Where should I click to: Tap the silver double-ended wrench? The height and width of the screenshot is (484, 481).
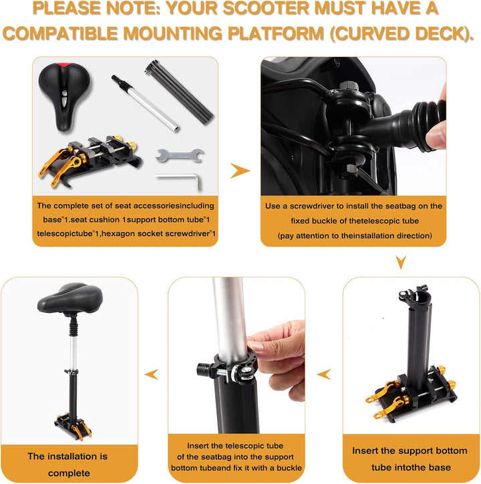(x=179, y=155)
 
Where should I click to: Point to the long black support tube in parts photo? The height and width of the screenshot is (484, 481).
(x=179, y=92)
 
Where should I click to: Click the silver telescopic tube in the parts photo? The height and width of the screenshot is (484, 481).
(x=146, y=104)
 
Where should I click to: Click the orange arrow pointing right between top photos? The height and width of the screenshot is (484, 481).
(x=239, y=170)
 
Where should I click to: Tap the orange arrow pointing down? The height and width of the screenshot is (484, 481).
(x=400, y=262)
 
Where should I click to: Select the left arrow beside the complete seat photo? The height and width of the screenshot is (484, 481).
(x=152, y=374)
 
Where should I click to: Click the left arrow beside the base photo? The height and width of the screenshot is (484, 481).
(x=323, y=374)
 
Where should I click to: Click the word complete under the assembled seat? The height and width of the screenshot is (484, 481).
(x=69, y=473)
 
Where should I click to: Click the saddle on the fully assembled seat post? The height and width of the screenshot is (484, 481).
(x=70, y=299)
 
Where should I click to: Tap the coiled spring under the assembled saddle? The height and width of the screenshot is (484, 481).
(x=73, y=328)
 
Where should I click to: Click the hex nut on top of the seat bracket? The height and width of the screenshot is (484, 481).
(x=348, y=85)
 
